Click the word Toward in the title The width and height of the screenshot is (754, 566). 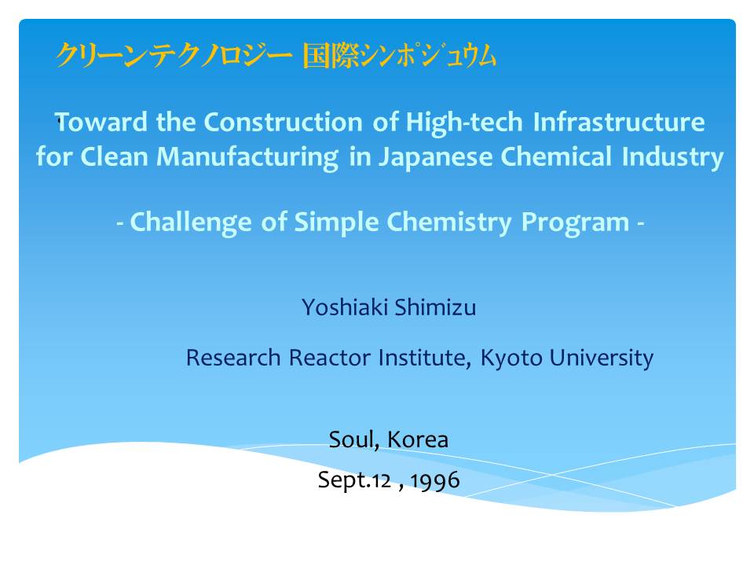[x=101, y=122]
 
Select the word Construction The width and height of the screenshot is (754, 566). [x=284, y=122]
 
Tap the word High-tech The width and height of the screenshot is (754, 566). [x=464, y=123]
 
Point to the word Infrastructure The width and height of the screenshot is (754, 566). [x=620, y=122]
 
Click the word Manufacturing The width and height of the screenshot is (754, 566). [x=247, y=157]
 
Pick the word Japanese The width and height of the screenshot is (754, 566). [x=436, y=157]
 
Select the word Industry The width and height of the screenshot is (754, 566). [x=673, y=157]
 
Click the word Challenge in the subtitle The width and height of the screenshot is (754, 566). [x=191, y=222]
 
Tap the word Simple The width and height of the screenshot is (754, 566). [x=336, y=222]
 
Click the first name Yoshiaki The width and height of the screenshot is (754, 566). [x=345, y=307]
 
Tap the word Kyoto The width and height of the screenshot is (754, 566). [x=511, y=358]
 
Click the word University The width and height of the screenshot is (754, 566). [x=602, y=358]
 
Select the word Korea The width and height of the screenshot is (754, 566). [x=418, y=439]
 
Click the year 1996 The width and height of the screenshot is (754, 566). [x=435, y=480]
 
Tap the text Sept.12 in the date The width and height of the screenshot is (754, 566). [x=354, y=480]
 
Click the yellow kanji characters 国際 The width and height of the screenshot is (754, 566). [x=331, y=56]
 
